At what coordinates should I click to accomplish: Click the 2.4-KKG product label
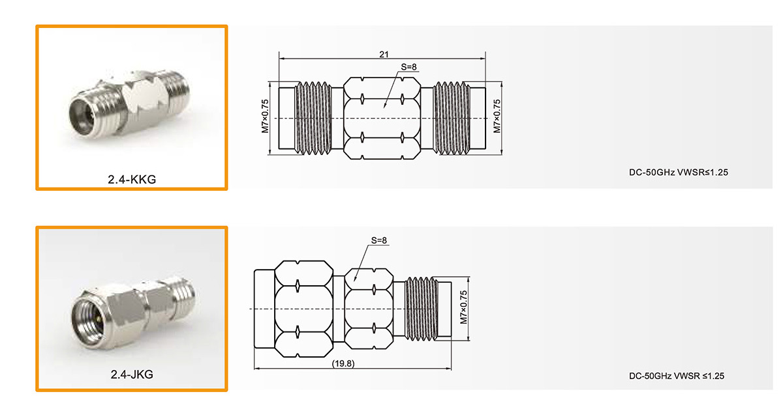click(132, 179)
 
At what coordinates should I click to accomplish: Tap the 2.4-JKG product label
click(132, 375)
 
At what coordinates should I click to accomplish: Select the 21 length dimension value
click(384, 55)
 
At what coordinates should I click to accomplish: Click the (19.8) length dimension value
click(343, 363)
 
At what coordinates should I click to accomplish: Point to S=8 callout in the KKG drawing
click(408, 66)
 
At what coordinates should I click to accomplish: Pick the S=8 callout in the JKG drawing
click(379, 240)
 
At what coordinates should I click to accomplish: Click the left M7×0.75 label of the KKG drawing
click(265, 116)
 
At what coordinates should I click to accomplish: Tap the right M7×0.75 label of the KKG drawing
click(497, 116)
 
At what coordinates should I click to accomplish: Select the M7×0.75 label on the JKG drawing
click(463, 307)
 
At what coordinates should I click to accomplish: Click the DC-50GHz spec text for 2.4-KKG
click(679, 173)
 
